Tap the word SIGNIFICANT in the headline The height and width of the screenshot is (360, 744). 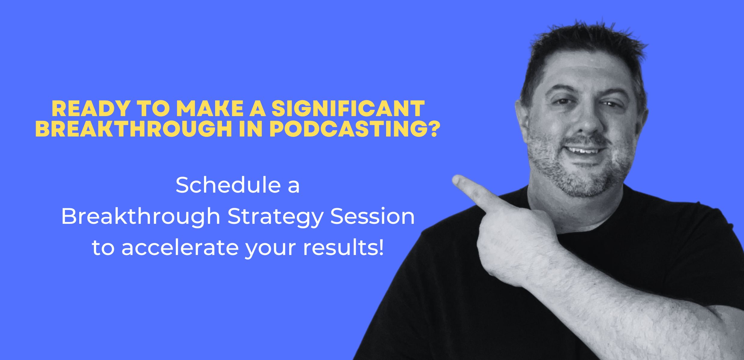point(348,109)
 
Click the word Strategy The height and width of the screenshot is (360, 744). point(275,217)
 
